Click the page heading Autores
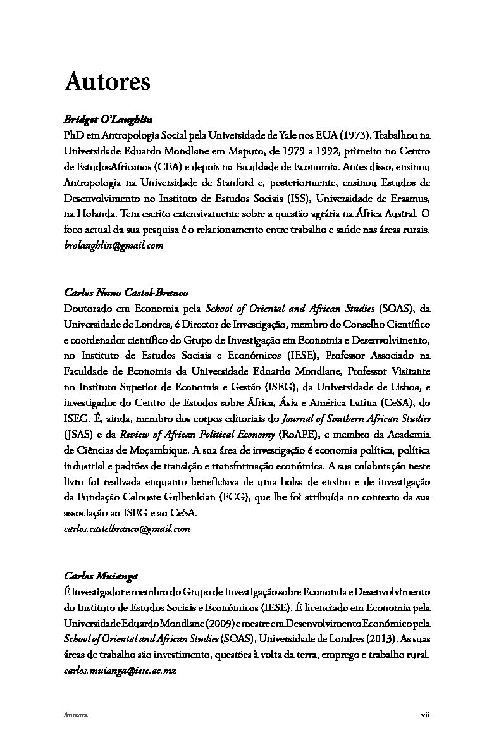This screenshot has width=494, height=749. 107,82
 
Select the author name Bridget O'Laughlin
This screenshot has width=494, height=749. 109,120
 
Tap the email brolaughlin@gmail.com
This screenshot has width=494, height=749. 114,245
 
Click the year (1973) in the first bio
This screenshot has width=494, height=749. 352,136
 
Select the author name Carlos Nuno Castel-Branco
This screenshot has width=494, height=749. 127,292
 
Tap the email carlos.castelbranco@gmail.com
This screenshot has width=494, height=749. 127,528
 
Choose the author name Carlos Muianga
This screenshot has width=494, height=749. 101,576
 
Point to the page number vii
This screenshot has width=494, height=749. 425,715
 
